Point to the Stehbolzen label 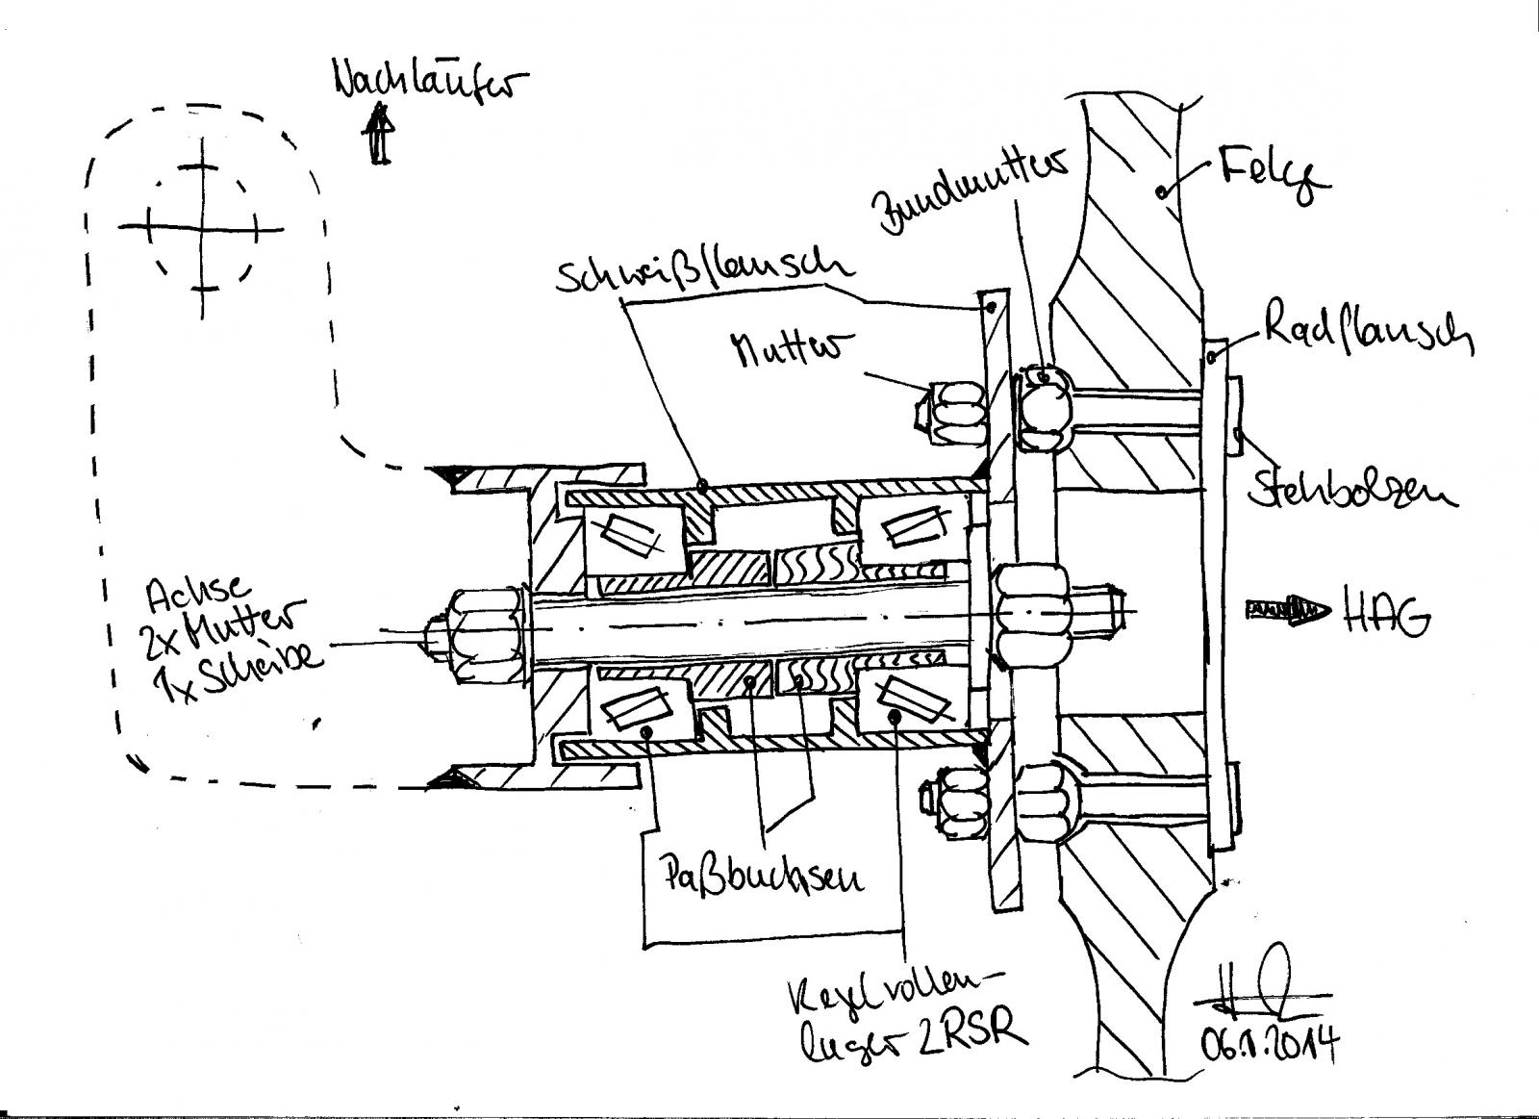(x=1352, y=490)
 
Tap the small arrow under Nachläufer (x=381, y=135)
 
